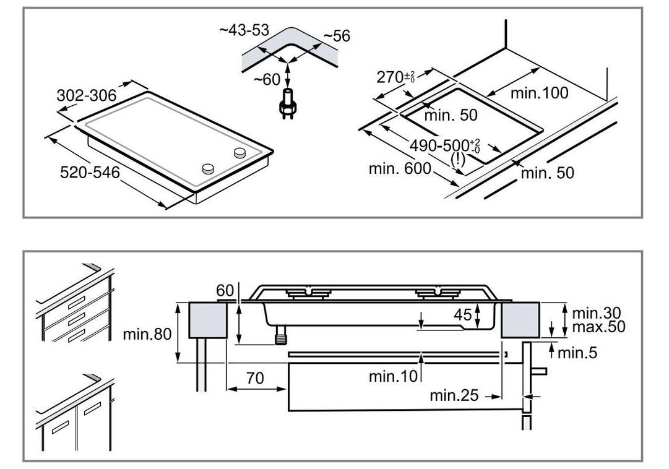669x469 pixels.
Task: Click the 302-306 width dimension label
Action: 87,96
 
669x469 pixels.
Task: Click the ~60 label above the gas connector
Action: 267,79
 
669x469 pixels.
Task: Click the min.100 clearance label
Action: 539,94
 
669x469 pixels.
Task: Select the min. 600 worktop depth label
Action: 399,169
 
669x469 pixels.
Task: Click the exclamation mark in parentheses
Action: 458,158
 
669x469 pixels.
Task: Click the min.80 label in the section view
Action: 145,335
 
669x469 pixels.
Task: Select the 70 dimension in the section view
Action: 255,377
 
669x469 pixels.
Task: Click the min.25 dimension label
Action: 454,395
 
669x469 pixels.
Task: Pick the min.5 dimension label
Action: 577,353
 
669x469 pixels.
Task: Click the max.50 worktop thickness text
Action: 598,327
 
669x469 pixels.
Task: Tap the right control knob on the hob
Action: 240,153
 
